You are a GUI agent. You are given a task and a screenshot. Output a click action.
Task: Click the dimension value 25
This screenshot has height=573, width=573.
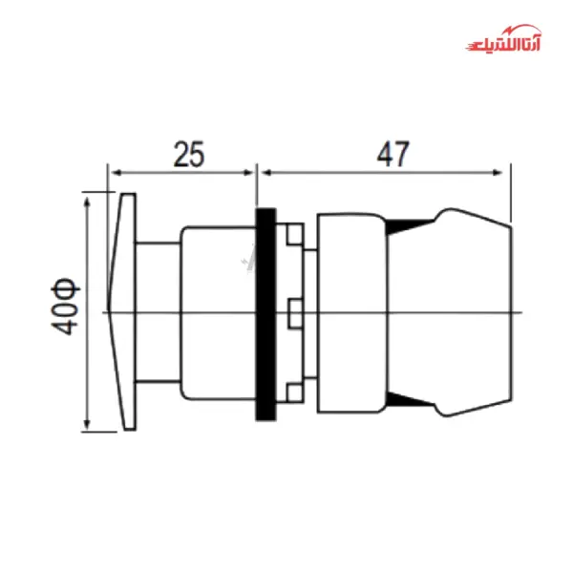(x=188, y=154)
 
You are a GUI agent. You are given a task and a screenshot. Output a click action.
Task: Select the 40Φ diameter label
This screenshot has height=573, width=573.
(x=66, y=308)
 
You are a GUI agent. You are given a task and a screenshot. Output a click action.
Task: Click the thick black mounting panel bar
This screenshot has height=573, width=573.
(x=265, y=313)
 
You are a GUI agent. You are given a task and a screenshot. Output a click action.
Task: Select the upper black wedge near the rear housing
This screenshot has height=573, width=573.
(x=409, y=226)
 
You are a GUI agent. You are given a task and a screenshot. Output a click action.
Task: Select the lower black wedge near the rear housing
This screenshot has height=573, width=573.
(x=409, y=401)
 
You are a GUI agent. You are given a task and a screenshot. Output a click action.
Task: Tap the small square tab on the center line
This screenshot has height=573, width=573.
(x=294, y=312)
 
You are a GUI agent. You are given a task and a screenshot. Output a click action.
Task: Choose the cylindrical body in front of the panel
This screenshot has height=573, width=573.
(x=217, y=312)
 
